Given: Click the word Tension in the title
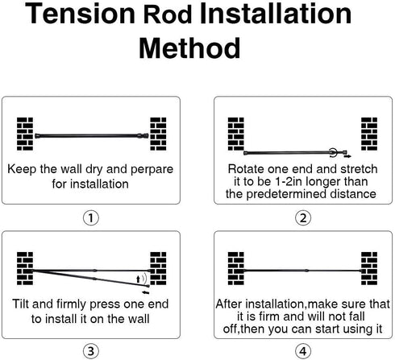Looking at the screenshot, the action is click(x=80, y=14).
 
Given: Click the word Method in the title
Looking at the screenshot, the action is click(x=189, y=48).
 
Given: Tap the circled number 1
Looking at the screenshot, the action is click(x=91, y=218).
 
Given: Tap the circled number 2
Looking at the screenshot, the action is click(x=303, y=218).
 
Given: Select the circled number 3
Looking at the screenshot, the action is click(x=91, y=351).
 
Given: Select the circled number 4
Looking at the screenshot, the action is click(x=303, y=351).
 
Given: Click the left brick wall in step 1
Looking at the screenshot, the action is click(x=25, y=134).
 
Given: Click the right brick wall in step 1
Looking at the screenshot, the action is click(x=158, y=134).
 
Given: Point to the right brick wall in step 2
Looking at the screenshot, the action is click(x=369, y=134).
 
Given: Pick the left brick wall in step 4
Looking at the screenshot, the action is click(x=236, y=268).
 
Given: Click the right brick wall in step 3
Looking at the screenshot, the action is click(x=158, y=268).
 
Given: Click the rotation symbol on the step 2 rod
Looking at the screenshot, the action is click(x=333, y=153).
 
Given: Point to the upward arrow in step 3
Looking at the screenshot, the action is click(x=138, y=279).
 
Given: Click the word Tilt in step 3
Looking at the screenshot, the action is click(x=20, y=304).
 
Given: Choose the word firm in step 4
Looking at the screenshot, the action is click(x=269, y=317).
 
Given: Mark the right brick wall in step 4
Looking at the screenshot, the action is click(x=369, y=268).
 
